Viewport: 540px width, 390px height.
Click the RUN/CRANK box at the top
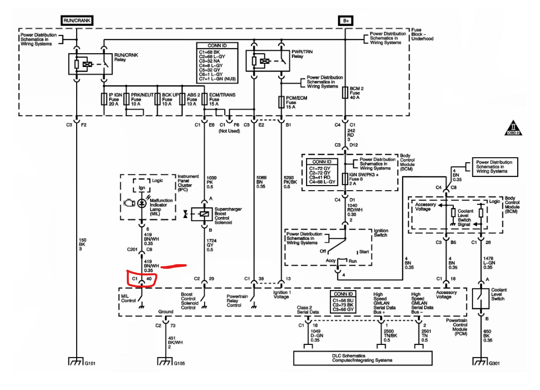77,20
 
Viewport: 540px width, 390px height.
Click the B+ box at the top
346,21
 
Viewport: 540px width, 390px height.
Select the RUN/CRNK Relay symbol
90,64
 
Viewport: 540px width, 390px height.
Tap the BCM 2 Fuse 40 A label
357,93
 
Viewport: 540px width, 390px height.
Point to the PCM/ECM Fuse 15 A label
296,102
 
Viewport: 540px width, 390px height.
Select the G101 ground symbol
76,362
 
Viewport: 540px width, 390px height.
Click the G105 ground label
180,363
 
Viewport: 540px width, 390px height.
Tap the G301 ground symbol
481,362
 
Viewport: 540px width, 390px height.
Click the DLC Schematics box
363,358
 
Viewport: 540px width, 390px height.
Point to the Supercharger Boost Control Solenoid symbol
202,214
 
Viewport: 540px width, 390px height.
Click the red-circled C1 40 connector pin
142,279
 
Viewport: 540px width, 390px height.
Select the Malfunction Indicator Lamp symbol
142,203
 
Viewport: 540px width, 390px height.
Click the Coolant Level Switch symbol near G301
481,298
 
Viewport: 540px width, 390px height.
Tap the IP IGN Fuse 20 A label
115,99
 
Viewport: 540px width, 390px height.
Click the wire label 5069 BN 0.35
261,182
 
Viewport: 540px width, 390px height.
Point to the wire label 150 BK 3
82,244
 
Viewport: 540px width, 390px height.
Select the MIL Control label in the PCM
128,298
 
